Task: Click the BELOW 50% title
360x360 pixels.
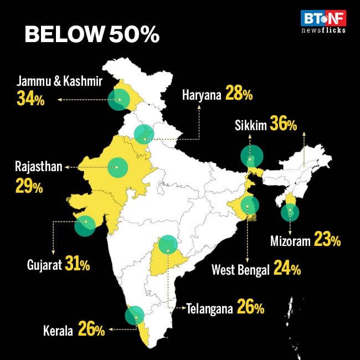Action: click(92, 35)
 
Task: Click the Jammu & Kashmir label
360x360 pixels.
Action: click(60, 82)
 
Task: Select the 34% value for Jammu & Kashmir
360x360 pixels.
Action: click(30, 100)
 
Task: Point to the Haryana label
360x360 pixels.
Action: click(202, 95)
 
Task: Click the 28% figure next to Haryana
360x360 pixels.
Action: click(239, 95)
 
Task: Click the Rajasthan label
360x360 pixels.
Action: click(39, 166)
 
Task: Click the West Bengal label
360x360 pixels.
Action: click(240, 270)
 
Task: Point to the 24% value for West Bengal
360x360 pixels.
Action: click(286, 270)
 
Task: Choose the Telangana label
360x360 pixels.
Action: click(209, 308)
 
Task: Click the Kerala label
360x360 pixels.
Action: click(58, 331)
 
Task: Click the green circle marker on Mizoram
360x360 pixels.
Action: click(290, 212)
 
